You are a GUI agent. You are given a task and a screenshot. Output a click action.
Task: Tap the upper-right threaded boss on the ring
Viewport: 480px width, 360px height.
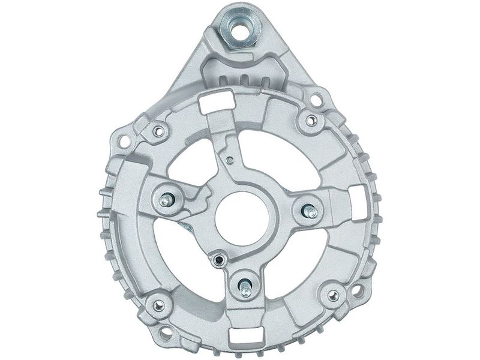310,121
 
